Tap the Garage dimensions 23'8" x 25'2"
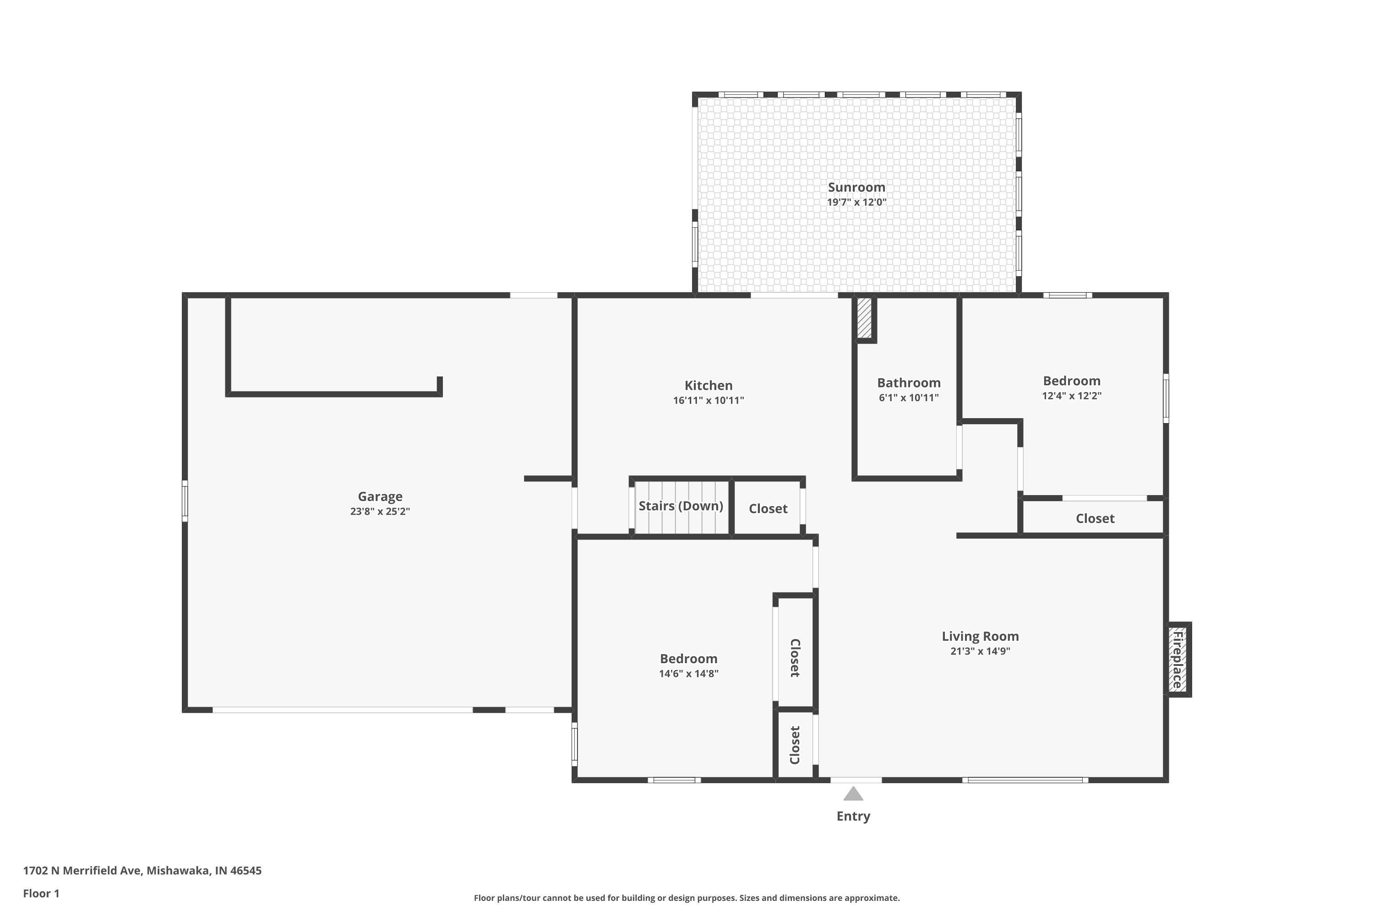click(380, 511)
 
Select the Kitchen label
click(708, 385)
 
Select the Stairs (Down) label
click(681, 506)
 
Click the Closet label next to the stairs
click(768, 508)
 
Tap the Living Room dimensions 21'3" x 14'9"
click(980, 651)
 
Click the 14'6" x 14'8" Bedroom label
click(688, 659)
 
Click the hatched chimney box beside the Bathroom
click(864, 318)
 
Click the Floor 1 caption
click(41, 893)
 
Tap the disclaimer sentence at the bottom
click(687, 898)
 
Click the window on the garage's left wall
click(185, 501)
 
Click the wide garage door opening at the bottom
click(342, 710)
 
